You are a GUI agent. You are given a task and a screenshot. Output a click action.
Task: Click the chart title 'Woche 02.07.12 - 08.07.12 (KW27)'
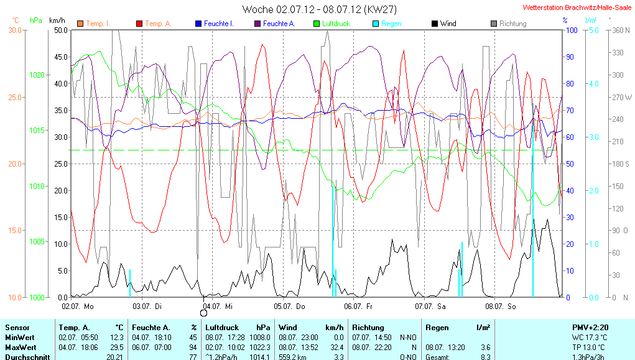[319, 9]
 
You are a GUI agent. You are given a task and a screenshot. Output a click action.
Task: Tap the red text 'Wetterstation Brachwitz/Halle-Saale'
[578, 7]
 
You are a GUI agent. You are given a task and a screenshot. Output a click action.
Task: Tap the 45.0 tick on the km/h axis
[61, 57]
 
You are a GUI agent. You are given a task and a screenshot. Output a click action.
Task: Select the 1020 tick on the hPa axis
[37, 75]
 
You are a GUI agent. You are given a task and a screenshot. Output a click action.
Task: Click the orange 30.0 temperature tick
[14, 30]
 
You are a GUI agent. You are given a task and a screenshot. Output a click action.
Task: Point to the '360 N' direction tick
[621, 30]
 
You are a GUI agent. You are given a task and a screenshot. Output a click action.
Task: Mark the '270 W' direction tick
[622, 97]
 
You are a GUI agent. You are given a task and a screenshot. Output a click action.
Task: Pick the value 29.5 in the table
[116, 347]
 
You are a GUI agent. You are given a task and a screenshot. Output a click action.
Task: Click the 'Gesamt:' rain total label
[437, 357]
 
